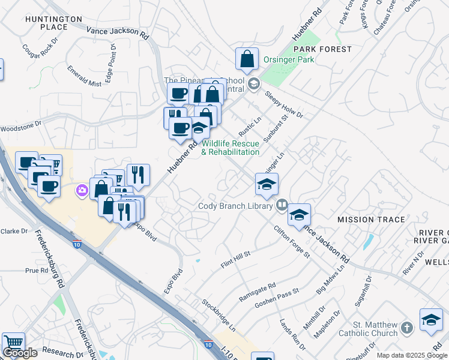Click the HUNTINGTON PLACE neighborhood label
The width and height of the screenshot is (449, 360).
53,23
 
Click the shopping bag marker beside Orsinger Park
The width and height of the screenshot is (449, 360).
247,59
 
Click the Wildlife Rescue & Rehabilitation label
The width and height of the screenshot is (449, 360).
230,148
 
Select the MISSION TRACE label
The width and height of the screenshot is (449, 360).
371,220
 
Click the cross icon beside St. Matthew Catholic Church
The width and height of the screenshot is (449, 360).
407,328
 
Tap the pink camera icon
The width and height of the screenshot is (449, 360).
82,191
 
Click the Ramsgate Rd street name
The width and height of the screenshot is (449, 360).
257,290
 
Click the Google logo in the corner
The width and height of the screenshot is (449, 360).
20,352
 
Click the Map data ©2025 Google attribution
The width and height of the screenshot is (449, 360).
412,355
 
